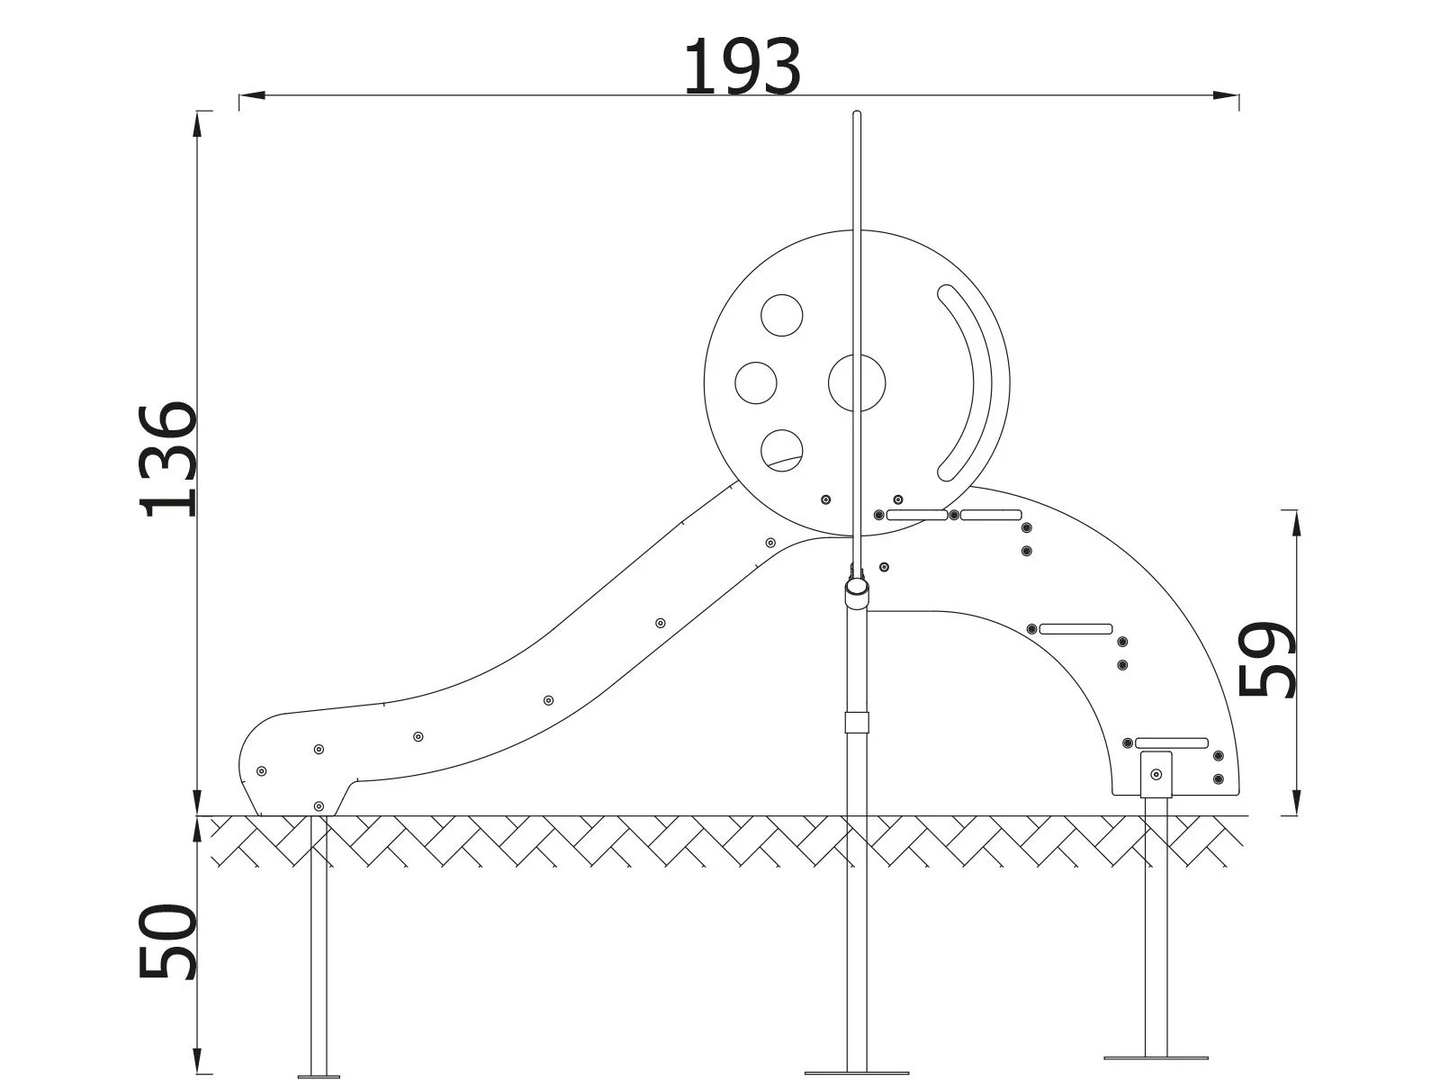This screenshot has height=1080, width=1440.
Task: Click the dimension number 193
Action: point(741,68)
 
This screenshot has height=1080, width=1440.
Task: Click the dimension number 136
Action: point(168,460)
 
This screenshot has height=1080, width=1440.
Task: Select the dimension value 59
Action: point(1267,660)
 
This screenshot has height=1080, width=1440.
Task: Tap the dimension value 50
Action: point(168,942)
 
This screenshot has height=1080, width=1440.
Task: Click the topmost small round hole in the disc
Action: point(781,316)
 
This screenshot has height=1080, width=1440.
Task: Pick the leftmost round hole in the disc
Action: point(755,382)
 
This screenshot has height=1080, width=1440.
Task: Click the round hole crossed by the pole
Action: point(856,383)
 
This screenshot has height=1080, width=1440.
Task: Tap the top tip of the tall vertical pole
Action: point(856,113)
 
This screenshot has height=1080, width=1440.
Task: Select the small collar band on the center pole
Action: point(857,723)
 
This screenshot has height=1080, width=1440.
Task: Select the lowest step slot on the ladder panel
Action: point(1171,742)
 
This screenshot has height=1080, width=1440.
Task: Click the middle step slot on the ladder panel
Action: point(1075,628)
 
